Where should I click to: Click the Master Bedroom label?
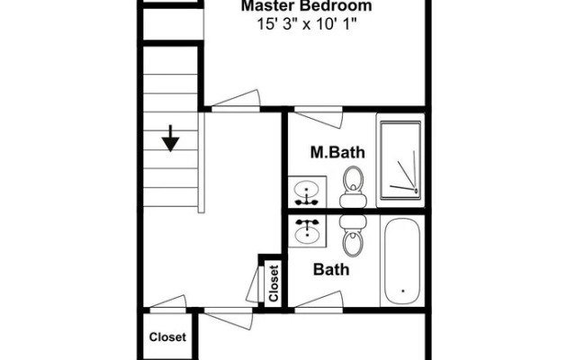point(306,6)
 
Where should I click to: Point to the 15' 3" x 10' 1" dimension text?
point(307,24)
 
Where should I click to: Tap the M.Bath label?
point(337,152)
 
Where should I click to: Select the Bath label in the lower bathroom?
point(331,270)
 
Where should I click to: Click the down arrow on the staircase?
point(170,138)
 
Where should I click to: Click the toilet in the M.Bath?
point(353,186)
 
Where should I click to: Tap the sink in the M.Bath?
point(307,192)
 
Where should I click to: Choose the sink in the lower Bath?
point(307,230)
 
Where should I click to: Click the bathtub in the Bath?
point(402,261)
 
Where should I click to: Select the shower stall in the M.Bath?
point(400,160)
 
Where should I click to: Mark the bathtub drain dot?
point(403,291)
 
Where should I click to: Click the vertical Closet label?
point(274,283)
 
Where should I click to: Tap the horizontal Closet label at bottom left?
point(167,337)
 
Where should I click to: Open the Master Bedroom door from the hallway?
point(236,101)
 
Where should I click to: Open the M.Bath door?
point(319,117)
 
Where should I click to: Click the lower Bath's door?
point(319,301)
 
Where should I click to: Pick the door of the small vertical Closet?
point(255,284)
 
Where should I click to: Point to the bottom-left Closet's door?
point(168,304)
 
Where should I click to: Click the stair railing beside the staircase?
point(201,162)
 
